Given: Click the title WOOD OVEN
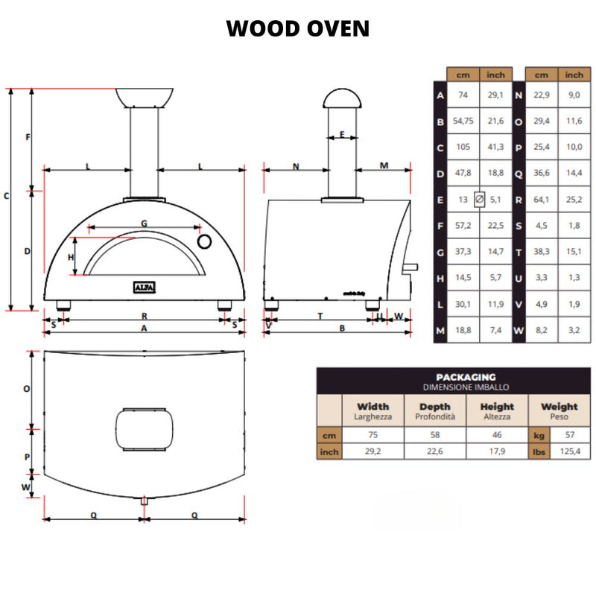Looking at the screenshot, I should click(298, 29).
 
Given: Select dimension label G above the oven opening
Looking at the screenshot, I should click(144, 223).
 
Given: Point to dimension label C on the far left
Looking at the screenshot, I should click(6, 197).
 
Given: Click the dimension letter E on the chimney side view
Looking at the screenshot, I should click(341, 134).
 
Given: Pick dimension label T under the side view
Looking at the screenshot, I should click(320, 316).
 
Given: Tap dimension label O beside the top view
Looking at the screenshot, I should click(26, 388).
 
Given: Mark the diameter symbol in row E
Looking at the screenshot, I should click(479, 199).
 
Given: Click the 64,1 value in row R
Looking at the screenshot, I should click(542, 199).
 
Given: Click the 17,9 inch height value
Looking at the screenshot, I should click(497, 451).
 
